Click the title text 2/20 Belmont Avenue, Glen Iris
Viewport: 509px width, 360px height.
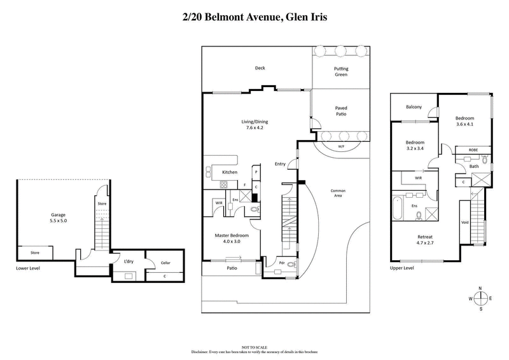pyautogui.click(x=254, y=18)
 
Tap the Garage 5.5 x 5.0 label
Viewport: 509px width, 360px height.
pyautogui.click(x=62, y=218)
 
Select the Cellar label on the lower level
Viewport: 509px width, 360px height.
pyautogui.click(x=165, y=262)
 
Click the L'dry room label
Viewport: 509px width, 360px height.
pyautogui.click(x=128, y=261)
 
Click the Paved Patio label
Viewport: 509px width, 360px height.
pyautogui.click(x=340, y=112)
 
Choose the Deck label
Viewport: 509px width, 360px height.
pyautogui.click(x=260, y=68)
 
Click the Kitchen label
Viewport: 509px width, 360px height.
pyautogui.click(x=230, y=172)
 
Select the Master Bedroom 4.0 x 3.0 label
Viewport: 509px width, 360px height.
pyautogui.click(x=232, y=239)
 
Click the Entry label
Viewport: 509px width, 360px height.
pyautogui.click(x=280, y=164)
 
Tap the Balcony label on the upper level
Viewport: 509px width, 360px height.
pyautogui.click(x=414, y=107)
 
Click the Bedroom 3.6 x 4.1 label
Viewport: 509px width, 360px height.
pyautogui.click(x=466, y=121)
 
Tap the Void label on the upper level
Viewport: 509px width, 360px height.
pyautogui.click(x=464, y=223)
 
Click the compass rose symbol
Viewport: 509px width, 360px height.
pyautogui.click(x=480, y=298)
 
